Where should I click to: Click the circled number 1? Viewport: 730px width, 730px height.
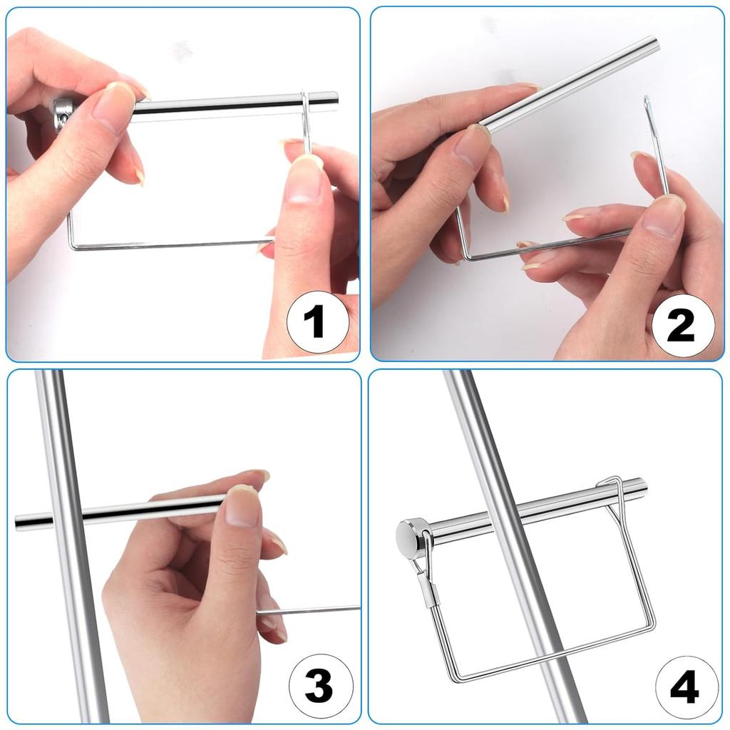[x=318, y=322]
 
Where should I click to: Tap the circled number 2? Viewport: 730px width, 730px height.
[x=682, y=325]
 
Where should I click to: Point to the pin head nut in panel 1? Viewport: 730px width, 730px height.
[x=62, y=115]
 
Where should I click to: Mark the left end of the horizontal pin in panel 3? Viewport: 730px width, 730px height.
[x=17, y=523]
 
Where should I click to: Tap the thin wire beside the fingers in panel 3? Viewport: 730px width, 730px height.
[x=308, y=610]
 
